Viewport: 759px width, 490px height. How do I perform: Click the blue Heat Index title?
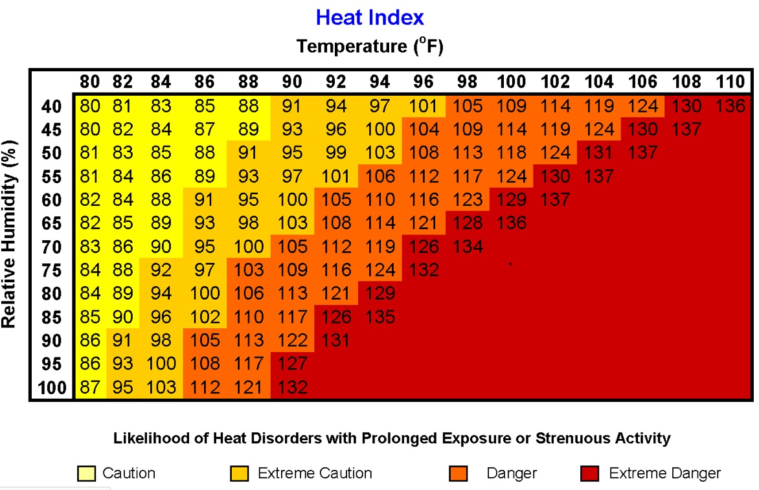(x=370, y=17)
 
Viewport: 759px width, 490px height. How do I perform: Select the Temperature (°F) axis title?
(x=370, y=47)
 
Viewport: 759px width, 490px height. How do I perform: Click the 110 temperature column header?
(x=731, y=82)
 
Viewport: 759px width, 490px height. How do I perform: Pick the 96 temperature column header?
(x=424, y=82)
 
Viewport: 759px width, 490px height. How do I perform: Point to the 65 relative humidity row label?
(x=51, y=223)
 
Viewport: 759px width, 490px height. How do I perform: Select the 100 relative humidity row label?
(x=51, y=388)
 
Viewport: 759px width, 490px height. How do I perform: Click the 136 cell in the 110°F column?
(x=731, y=106)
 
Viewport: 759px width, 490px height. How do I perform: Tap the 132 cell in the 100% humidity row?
(x=292, y=387)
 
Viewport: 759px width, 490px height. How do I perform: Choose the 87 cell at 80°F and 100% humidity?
(x=90, y=387)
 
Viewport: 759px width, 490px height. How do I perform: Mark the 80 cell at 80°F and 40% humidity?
(x=90, y=106)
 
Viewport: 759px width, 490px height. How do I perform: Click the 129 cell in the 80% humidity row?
(x=380, y=293)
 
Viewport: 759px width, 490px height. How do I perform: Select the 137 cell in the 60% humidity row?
(x=555, y=199)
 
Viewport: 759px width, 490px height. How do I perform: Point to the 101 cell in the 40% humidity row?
(x=424, y=106)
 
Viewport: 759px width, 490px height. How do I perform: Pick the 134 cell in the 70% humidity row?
(x=467, y=246)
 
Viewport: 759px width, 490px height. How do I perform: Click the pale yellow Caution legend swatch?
(x=85, y=474)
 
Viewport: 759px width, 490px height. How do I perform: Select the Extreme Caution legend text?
(x=315, y=473)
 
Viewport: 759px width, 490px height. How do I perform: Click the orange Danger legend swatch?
(x=458, y=474)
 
